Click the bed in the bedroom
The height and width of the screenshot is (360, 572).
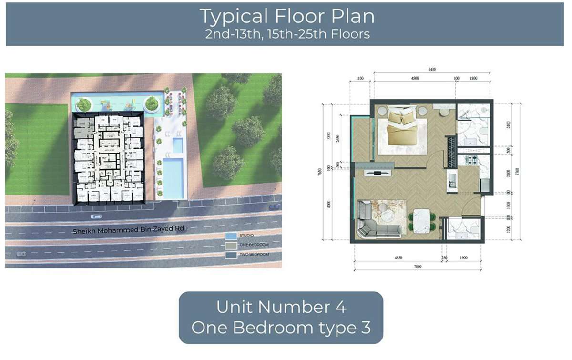click(x=399, y=126)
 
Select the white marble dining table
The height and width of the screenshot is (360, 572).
click(x=422, y=221)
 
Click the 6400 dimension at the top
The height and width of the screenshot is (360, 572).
click(x=432, y=70)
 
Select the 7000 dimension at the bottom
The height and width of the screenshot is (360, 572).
click(x=418, y=267)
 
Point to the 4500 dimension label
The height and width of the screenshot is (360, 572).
click(x=415, y=78)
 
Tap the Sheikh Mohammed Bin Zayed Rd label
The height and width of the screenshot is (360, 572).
click(x=128, y=230)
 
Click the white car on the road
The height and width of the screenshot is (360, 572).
click(x=96, y=216)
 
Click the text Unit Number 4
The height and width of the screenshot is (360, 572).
click(x=281, y=307)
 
